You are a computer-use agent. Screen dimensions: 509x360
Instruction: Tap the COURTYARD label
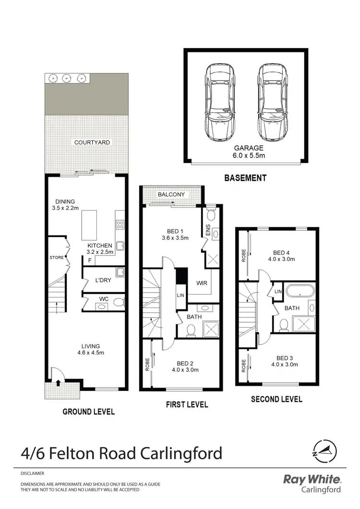tap(92, 142)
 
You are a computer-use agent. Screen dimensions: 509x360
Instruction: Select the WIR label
tap(202, 284)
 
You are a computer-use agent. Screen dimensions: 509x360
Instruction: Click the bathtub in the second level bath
tap(300, 291)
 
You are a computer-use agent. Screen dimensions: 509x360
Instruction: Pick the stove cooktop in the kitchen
tap(120, 224)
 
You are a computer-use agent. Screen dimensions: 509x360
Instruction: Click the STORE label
tap(56, 258)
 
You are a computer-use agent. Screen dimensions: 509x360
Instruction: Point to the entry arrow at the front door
tap(58, 382)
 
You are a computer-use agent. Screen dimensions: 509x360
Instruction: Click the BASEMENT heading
tap(245, 178)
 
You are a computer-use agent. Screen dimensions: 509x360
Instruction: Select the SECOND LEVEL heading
tap(276, 399)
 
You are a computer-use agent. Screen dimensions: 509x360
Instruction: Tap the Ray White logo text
tap(312, 480)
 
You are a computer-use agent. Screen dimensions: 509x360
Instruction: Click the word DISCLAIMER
tap(32, 473)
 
